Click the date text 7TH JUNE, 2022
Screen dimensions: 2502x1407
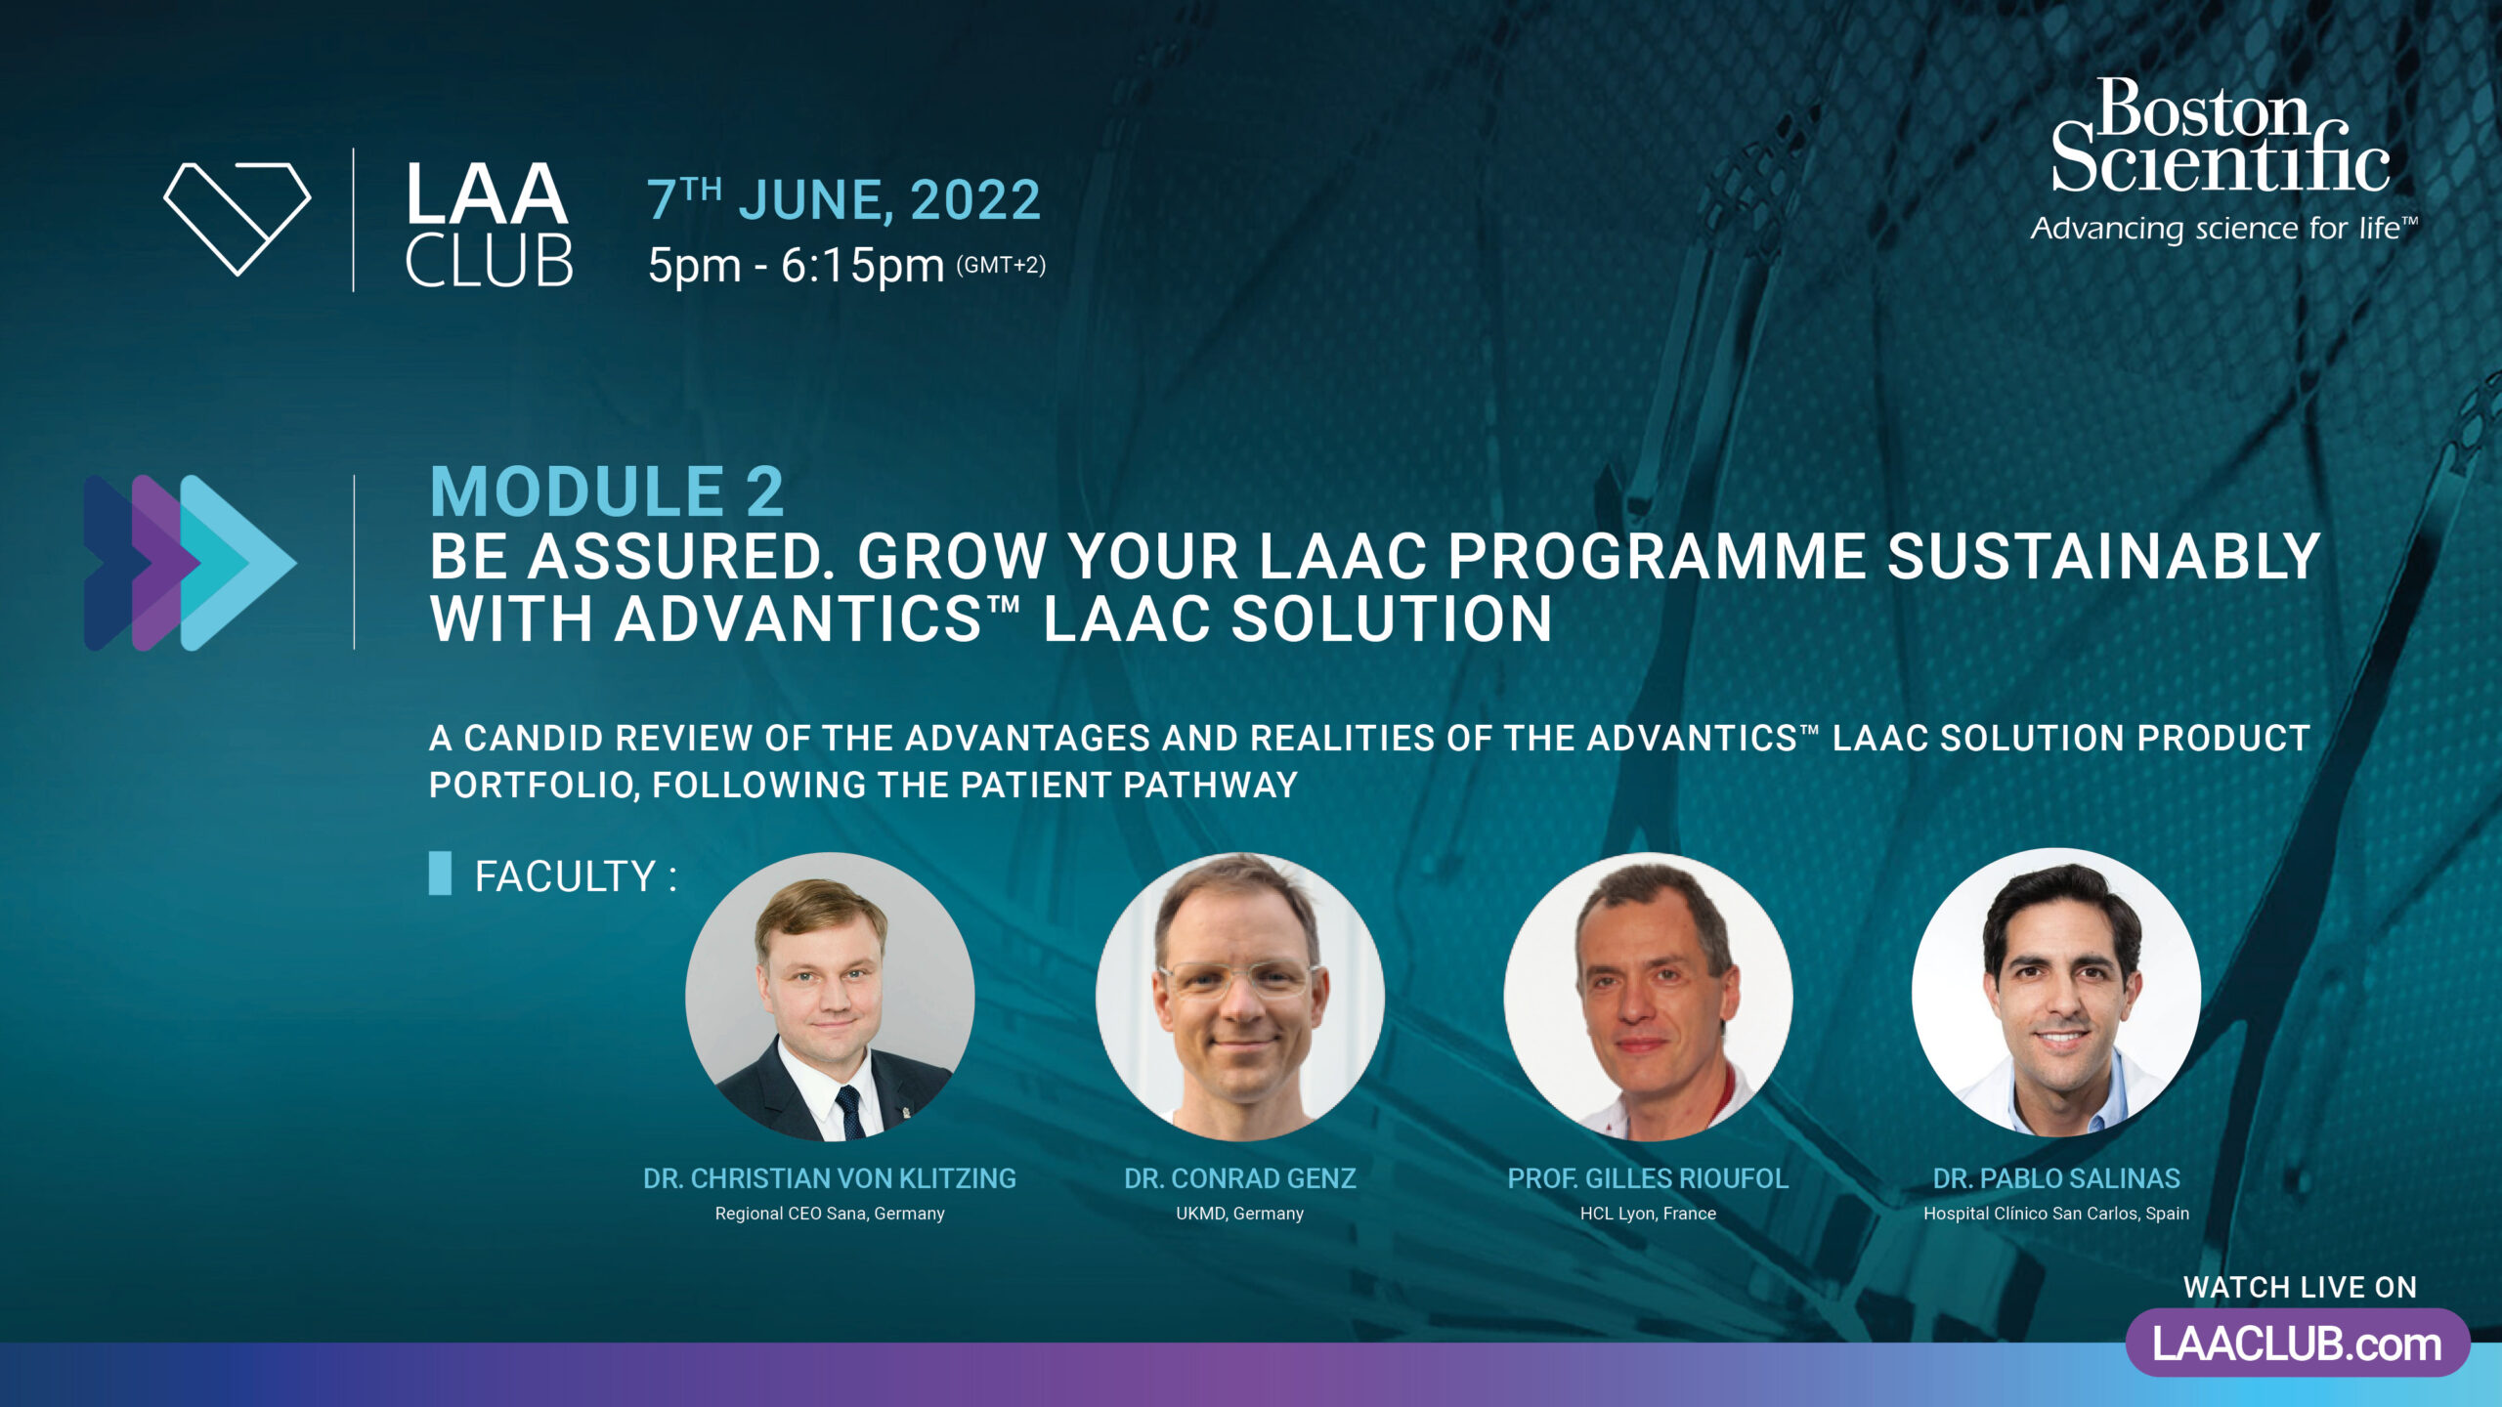tap(844, 200)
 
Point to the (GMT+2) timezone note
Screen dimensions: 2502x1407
tap(1001, 265)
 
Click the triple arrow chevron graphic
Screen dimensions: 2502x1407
tap(190, 563)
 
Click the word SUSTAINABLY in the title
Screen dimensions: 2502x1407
tap(2103, 556)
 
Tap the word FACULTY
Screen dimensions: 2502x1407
tap(565, 876)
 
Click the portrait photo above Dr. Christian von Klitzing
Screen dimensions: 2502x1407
tap(830, 997)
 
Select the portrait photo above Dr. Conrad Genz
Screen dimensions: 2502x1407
tap(1240, 997)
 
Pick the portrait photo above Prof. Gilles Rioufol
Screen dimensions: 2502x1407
tap(1649, 997)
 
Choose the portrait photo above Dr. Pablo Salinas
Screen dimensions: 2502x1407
tap(2056, 993)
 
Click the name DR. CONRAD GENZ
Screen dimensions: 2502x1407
tap(1240, 1178)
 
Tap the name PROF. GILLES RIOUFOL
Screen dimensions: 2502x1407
tap(1649, 1178)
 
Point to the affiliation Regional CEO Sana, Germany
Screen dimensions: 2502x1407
tap(830, 1214)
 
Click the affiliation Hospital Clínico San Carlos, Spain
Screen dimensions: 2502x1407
tap(2056, 1214)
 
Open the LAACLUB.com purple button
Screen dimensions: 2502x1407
tap(2298, 1343)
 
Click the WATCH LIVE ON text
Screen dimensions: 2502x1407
tap(2301, 1288)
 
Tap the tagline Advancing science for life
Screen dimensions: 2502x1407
tap(2224, 229)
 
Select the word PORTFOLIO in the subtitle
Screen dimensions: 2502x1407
tap(534, 785)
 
